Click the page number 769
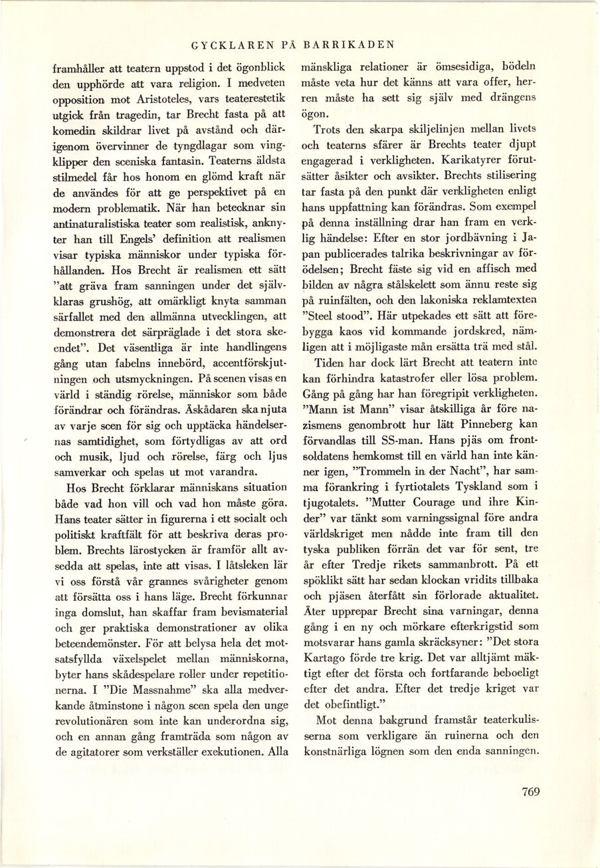click(530, 791)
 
